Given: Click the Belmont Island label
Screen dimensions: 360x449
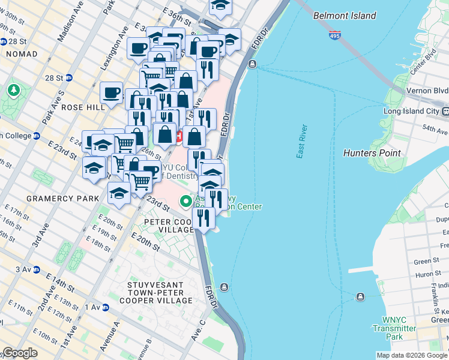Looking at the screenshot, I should click(345, 16).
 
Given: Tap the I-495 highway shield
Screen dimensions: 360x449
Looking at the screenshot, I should click(335, 36).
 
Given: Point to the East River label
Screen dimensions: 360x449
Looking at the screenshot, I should click(302, 142).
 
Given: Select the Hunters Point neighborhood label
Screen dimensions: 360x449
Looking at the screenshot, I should click(372, 153).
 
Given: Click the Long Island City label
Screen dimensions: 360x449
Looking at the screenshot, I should click(412, 111).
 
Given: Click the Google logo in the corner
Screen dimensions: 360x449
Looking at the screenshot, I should click(19, 353).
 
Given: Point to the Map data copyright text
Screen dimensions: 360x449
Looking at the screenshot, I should click(411, 355).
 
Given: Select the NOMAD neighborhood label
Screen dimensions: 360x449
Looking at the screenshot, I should click(21, 54).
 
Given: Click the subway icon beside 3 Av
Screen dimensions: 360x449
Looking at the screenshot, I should click(36, 270).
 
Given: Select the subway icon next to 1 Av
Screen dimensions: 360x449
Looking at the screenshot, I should click(106, 307).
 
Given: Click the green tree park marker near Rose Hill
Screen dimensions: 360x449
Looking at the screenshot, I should click(13, 90).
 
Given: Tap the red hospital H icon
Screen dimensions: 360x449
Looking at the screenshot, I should click(179, 136).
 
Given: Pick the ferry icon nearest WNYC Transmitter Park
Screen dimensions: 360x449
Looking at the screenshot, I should click(360, 296).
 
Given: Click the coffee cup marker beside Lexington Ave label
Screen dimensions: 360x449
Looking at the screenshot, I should click(139, 47).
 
